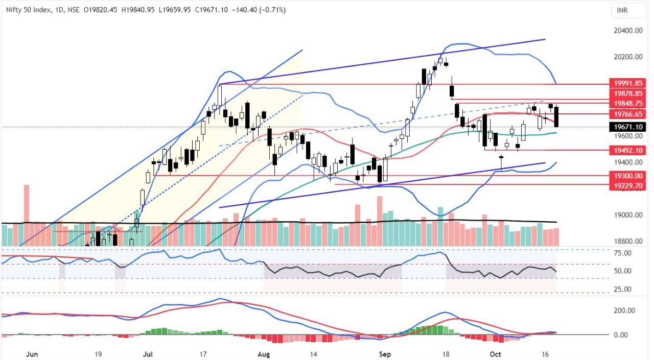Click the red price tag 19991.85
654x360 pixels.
coord(628,84)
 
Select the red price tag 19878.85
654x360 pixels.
coord(628,94)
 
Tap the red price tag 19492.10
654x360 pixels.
coord(628,151)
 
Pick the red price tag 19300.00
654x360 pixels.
coord(628,176)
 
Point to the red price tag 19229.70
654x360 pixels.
coord(628,186)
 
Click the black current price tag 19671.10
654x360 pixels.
coord(628,127)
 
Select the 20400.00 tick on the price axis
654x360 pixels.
coord(627,31)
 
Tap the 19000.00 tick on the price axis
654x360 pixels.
coord(627,215)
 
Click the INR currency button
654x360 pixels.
coord(622,10)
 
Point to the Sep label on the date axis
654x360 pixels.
coord(384,353)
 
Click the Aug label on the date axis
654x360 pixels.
coord(263,353)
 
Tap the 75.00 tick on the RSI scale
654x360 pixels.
coord(622,253)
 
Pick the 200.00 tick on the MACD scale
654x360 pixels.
coord(623,310)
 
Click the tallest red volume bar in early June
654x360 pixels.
coord(26,214)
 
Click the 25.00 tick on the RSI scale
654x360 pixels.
coord(622,290)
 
